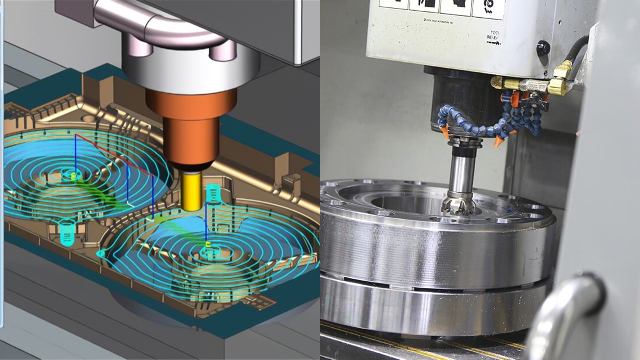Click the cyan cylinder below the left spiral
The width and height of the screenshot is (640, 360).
66,230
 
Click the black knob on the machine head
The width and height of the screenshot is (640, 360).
543,48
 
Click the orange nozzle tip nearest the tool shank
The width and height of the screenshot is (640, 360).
443,132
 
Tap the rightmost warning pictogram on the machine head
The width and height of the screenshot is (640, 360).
488,8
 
